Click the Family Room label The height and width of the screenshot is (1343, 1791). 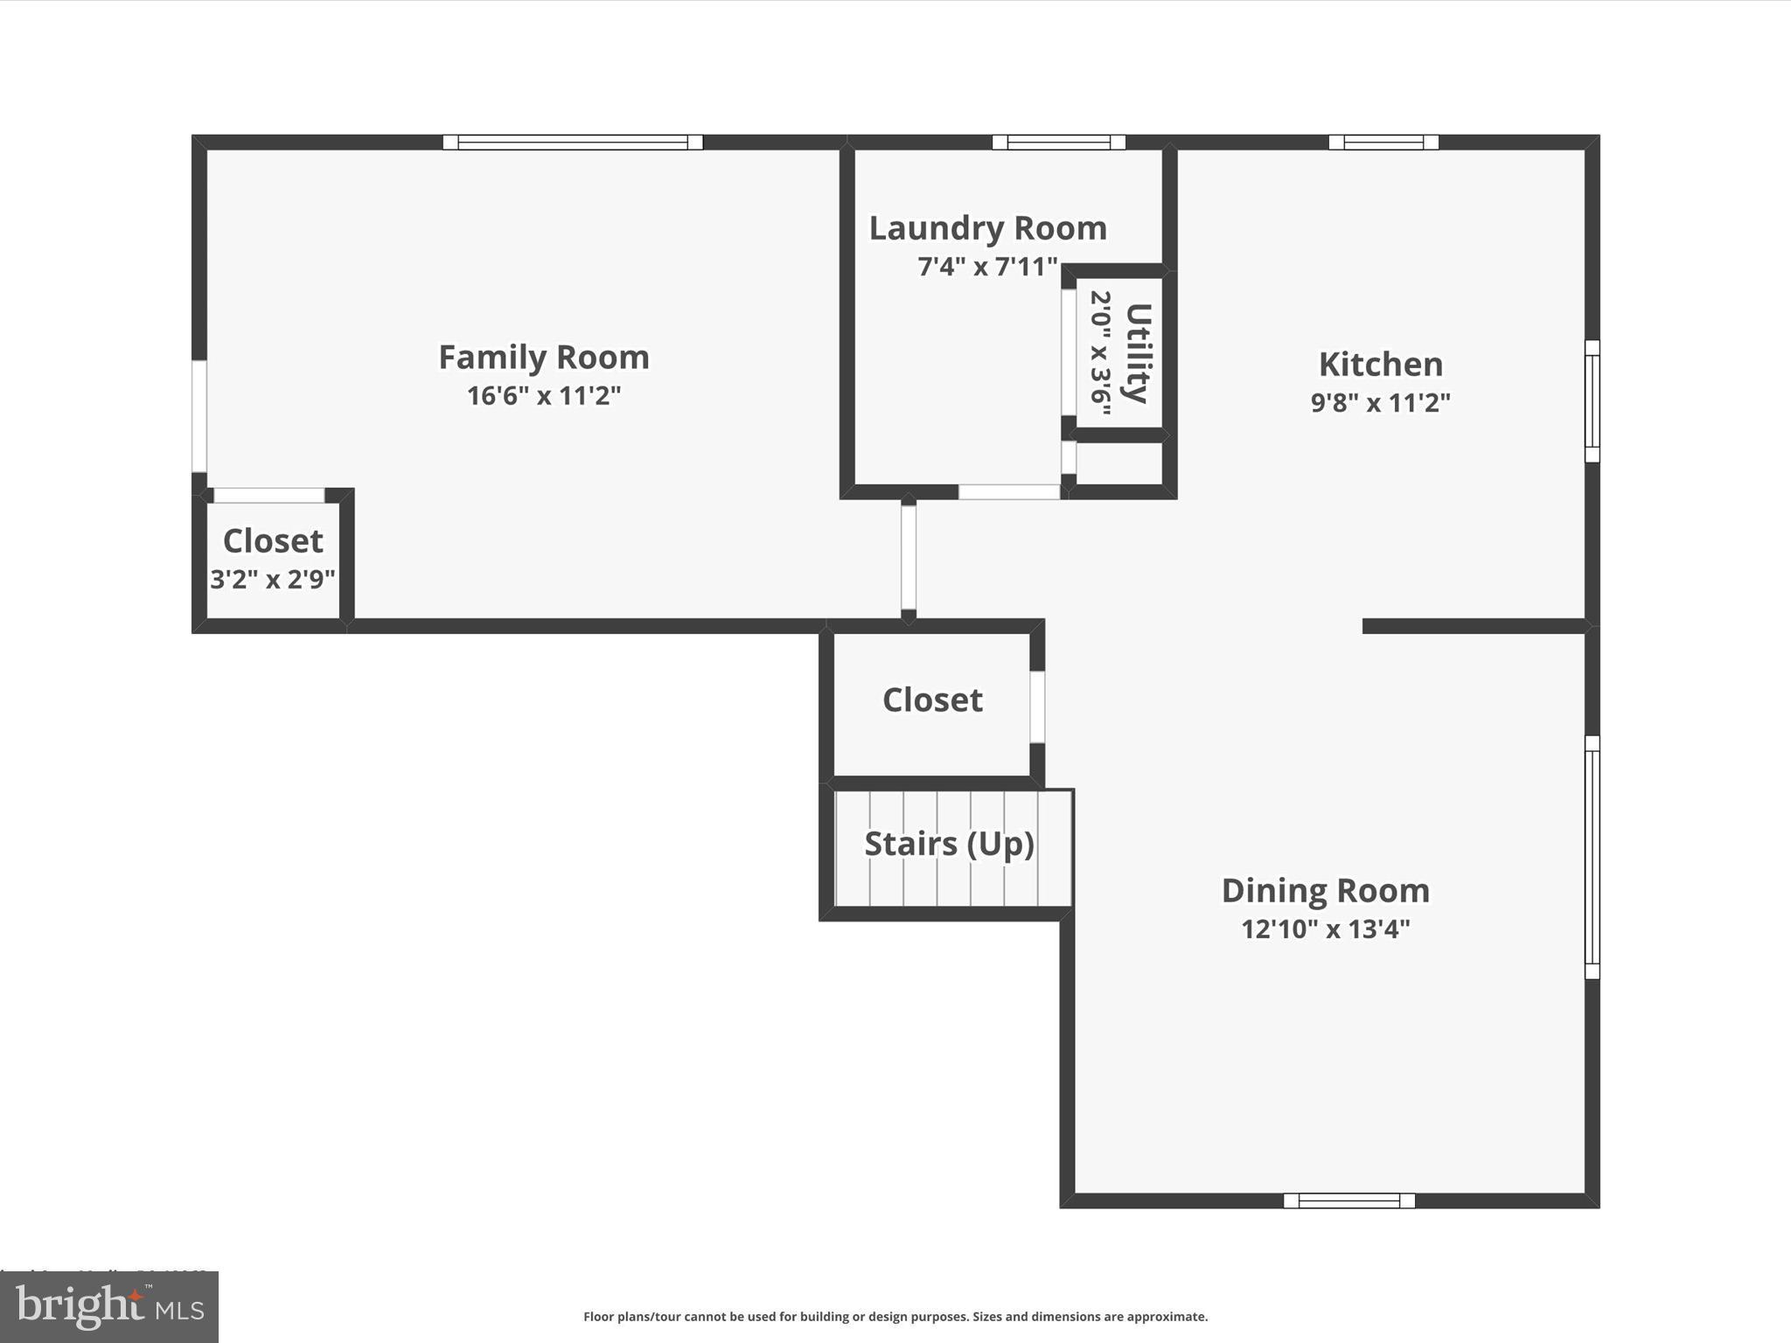(543, 358)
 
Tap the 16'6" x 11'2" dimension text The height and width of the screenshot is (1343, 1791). (543, 396)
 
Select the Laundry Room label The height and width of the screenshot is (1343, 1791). (987, 228)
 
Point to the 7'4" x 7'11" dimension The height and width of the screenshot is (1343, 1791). (987, 267)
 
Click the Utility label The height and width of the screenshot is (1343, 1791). (1138, 352)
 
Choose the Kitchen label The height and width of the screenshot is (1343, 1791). (1380, 365)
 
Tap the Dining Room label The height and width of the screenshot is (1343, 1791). (1325, 891)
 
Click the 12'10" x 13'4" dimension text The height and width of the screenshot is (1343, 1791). (1325, 929)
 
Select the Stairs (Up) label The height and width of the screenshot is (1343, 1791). (949, 844)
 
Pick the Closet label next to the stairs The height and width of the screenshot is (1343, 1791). (932, 700)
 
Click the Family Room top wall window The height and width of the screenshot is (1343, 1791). (573, 143)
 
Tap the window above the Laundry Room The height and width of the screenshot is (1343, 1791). (1058, 143)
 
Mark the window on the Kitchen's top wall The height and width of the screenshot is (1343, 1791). (1383, 143)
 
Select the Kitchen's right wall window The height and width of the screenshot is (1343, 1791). (1592, 401)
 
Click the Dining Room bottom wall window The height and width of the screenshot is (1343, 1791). (1348, 1200)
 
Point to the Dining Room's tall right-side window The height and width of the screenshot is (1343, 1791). (1592, 857)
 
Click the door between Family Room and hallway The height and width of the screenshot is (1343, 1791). (909, 558)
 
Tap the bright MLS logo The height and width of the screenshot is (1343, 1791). (109, 1307)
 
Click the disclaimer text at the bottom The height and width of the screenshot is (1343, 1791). (895, 1317)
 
